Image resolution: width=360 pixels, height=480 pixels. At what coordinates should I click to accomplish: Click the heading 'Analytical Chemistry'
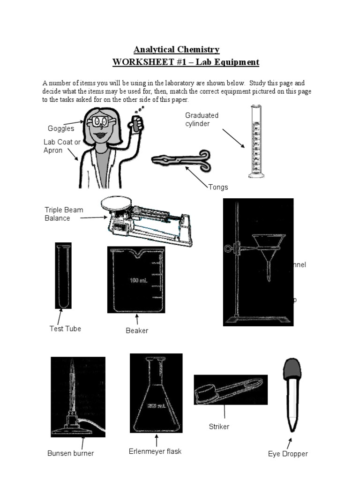[176, 50]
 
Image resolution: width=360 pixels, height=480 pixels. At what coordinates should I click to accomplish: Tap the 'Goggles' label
[61, 128]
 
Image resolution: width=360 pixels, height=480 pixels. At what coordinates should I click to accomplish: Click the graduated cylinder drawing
[256, 142]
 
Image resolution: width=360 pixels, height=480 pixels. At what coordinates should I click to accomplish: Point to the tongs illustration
[181, 159]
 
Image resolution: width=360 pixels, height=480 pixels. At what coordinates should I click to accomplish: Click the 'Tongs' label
[218, 187]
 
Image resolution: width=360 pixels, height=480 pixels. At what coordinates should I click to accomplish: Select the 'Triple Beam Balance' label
[64, 214]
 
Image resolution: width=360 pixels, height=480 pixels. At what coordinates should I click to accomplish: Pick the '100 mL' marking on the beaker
[139, 281]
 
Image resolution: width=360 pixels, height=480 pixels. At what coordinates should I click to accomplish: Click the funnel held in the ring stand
[266, 253]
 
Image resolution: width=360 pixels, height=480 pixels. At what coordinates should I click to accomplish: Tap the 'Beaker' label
[137, 330]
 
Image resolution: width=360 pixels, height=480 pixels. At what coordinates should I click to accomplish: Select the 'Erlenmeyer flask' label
[155, 451]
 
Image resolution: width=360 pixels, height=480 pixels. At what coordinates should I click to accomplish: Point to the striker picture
[230, 390]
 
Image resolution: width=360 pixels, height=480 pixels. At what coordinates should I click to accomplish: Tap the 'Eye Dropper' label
[288, 454]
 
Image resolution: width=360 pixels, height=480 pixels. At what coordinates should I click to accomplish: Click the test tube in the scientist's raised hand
[135, 123]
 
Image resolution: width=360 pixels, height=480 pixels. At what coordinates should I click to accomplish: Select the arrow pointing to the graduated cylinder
[233, 138]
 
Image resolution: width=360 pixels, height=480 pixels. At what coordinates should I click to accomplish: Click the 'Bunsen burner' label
[70, 453]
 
